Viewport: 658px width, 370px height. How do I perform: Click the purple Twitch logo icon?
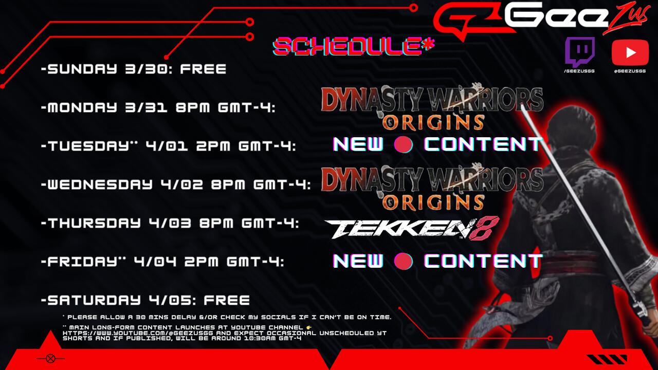point(580,52)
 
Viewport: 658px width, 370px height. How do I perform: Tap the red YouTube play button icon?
point(630,52)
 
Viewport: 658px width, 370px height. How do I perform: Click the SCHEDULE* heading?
point(353,47)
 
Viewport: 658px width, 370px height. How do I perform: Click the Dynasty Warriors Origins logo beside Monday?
point(432,107)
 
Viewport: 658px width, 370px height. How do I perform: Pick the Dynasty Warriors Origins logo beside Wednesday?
point(432,188)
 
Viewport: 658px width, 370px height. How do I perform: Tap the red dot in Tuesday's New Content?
point(404,144)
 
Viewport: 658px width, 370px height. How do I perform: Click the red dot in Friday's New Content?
point(404,261)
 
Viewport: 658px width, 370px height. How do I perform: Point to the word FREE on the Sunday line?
point(203,69)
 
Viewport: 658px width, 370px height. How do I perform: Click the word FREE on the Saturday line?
point(227,300)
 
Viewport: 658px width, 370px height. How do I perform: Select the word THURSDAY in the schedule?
point(94,223)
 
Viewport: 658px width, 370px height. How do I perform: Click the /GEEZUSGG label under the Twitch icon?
point(579,71)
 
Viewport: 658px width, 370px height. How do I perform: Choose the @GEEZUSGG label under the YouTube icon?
point(630,71)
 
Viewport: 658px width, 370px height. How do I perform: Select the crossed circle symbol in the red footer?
point(50,359)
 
